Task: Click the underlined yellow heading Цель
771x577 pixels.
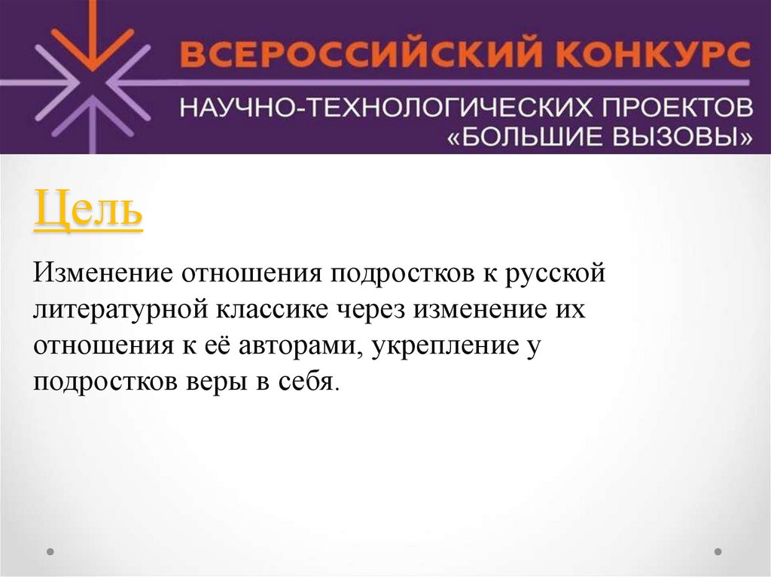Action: (88, 211)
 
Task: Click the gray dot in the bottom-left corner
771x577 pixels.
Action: (50, 551)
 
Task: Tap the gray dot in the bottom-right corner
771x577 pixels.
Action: (718, 551)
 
